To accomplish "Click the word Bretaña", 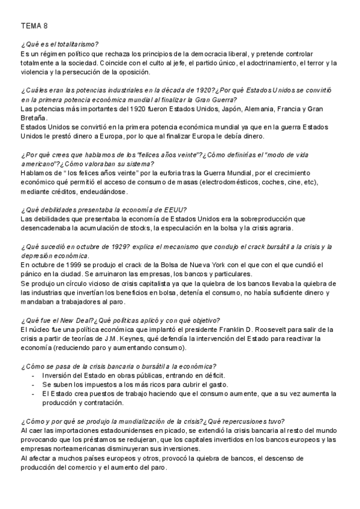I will pos(34,118).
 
